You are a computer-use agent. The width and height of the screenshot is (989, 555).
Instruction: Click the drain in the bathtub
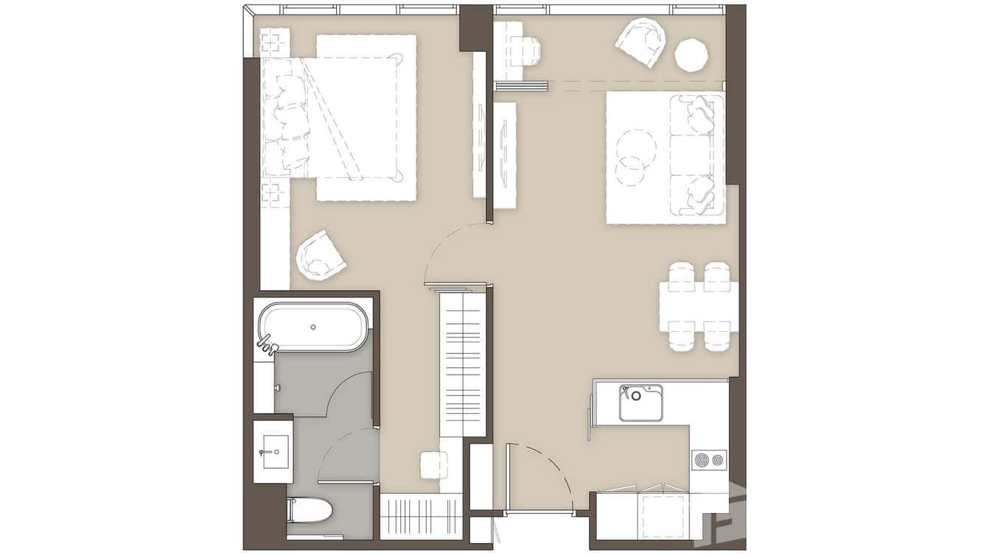(313, 326)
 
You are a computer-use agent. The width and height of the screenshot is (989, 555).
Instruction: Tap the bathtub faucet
(266, 342)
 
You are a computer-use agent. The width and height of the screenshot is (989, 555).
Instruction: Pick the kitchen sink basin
(640, 404)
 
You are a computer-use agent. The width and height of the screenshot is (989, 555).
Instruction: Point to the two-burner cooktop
(709, 461)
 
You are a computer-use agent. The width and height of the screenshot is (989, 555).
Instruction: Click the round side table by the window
(691, 55)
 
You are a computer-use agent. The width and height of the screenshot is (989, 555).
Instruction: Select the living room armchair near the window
(641, 42)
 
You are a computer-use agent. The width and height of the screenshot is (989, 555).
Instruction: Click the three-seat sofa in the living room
(696, 155)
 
